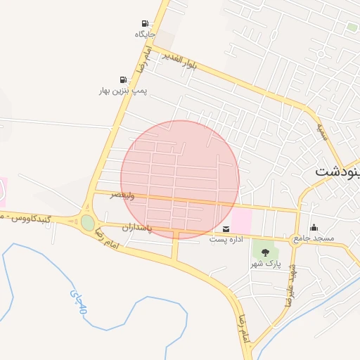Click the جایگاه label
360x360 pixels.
point(145,34)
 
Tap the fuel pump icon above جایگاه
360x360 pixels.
point(145,23)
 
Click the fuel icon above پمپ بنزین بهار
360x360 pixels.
point(124,80)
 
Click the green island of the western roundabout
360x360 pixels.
point(87,223)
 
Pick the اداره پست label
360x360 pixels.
point(226,240)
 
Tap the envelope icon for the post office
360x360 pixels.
point(226,229)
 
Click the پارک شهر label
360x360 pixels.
point(265,264)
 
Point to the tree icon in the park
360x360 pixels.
point(265,252)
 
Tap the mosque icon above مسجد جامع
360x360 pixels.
point(314,228)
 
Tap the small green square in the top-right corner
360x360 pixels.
point(352,27)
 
